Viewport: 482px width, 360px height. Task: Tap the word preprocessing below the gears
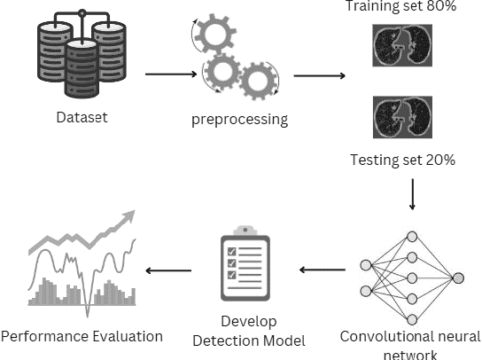(x=239, y=121)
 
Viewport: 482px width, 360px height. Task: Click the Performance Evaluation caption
(x=82, y=336)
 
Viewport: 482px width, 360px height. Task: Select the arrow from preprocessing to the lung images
(x=319, y=75)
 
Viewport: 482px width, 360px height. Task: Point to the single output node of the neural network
(x=458, y=278)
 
